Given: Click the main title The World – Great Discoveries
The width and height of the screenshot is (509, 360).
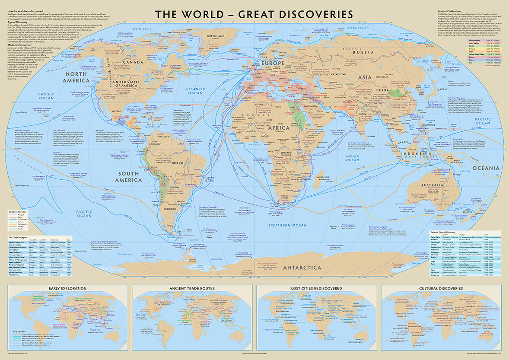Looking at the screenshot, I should click(x=254, y=14).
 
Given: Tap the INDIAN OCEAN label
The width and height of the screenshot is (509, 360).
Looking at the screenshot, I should click(x=359, y=158).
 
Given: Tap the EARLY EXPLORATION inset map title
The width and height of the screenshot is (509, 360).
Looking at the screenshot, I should click(x=67, y=288).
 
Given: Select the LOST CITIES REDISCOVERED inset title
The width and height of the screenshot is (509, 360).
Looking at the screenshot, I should click(x=317, y=288).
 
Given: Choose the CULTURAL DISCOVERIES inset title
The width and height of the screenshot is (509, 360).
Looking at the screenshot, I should click(x=441, y=288).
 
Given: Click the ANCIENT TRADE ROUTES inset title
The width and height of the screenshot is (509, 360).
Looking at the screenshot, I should click(x=192, y=288).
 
